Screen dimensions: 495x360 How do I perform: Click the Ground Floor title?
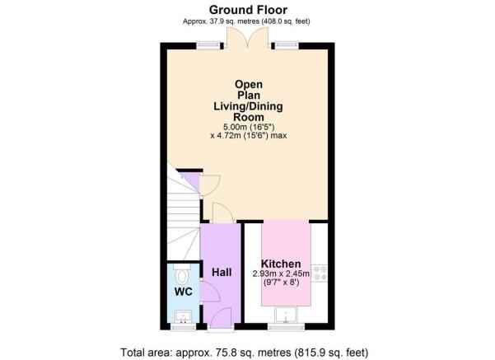pos(248,10)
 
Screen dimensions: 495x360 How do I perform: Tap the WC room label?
pos(184,292)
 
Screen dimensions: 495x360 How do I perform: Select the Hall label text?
pos(222,272)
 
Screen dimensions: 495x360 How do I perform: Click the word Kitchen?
pos(281,264)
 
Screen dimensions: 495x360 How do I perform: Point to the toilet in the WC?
pos(183,274)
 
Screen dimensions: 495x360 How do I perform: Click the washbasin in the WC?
pos(183,316)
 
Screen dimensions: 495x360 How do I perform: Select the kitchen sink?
pos(286,315)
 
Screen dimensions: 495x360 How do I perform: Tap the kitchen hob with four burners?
pos(320,274)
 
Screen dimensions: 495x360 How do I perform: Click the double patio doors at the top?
pos(248,38)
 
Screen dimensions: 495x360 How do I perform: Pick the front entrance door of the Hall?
pos(221,319)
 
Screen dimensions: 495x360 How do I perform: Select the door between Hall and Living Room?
pos(223,213)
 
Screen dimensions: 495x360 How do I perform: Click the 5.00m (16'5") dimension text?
pos(249,127)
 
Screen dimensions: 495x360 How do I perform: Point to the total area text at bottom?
pos(245,352)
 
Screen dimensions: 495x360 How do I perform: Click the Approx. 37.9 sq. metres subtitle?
pos(246,21)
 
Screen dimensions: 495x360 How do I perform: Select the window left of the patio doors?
pos(208,46)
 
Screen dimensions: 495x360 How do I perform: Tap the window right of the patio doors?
pos(287,46)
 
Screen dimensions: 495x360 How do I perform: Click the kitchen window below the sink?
pos(286,326)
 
